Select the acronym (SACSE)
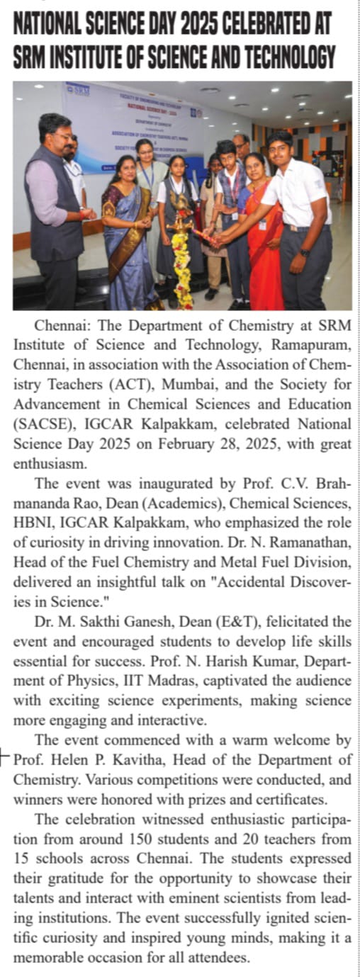39,424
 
